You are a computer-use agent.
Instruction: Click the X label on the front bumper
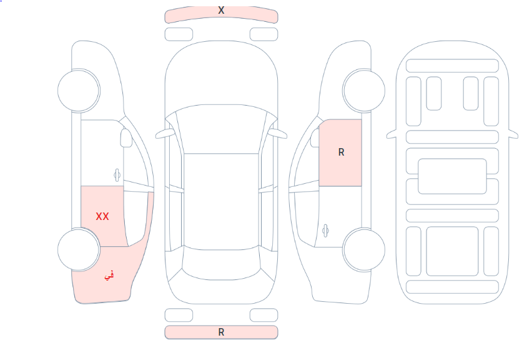221,10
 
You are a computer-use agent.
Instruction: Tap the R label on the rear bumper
221,332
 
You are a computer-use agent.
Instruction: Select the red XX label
102,216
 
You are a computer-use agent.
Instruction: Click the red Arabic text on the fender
109,276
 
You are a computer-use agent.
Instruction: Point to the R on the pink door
341,152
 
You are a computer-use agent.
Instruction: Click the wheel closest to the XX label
79,249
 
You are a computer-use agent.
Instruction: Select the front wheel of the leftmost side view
79,91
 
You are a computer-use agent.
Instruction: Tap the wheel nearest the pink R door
364,91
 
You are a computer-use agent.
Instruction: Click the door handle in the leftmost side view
117,174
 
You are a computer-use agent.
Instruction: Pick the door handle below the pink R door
325,231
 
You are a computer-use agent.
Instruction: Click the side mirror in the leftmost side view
126,138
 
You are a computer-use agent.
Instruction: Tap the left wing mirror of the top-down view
165,134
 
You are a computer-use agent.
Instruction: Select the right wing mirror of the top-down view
278,134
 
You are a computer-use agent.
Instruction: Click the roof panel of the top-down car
221,201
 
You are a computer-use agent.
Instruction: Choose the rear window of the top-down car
221,263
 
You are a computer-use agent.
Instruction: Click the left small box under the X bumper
179,34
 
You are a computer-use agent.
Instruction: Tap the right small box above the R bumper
263,315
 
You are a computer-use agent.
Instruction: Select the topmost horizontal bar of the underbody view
452,66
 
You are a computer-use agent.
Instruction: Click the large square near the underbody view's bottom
452,251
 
